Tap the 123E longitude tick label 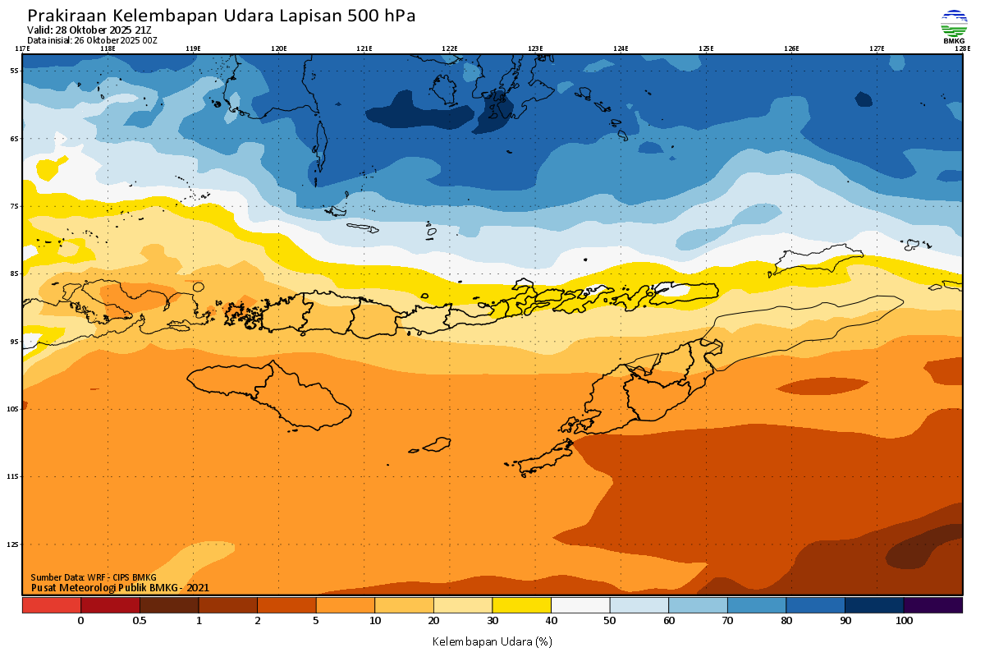tap(535, 48)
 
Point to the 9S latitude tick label tap(14, 341)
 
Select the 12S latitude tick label tap(13, 544)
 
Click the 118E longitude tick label tap(107, 48)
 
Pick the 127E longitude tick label tap(877, 48)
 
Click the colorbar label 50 tap(610, 621)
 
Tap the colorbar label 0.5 tap(140, 621)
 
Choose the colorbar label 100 tap(904, 621)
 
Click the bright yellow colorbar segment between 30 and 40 tap(521, 605)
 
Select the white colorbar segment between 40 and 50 tap(580, 605)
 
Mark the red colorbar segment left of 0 tap(51, 605)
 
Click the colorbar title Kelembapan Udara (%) tap(492, 641)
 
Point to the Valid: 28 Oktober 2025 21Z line tap(89, 30)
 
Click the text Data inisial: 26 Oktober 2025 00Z tap(92, 40)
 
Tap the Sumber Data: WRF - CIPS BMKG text tap(94, 577)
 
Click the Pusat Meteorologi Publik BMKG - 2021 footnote tap(121, 587)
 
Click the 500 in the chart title tap(354, 16)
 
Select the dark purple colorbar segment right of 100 tap(933, 605)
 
